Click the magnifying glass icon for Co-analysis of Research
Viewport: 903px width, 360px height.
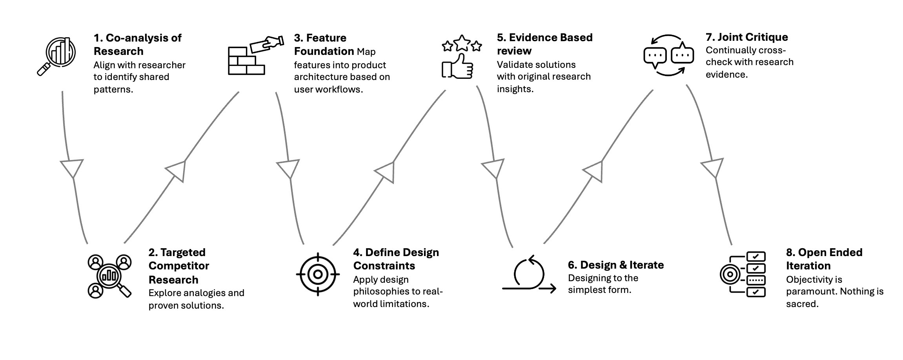pyautogui.click(x=57, y=56)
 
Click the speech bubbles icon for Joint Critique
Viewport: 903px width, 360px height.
pyautogui.click(x=668, y=55)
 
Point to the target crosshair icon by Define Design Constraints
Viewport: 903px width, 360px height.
pyautogui.click(x=318, y=274)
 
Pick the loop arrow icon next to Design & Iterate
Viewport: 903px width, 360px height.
pyautogui.click(x=529, y=275)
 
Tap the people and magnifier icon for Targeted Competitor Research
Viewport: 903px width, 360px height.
pyautogui.click(x=109, y=276)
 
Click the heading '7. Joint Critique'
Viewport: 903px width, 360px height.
pyautogui.click(x=746, y=37)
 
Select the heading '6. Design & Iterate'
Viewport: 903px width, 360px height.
pyautogui.click(x=615, y=265)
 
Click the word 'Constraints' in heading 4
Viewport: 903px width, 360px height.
pyautogui.click(x=384, y=266)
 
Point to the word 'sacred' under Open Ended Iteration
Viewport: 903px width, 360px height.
pyautogui.click(x=802, y=304)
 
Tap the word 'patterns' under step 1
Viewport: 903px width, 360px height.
pyautogui.click(x=113, y=89)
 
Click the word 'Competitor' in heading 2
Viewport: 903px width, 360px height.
pyautogui.click(x=178, y=266)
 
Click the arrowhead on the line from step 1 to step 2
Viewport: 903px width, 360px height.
pyautogui.click(x=72, y=167)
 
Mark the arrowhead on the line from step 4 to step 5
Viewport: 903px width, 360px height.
pyautogui.click(x=386, y=171)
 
